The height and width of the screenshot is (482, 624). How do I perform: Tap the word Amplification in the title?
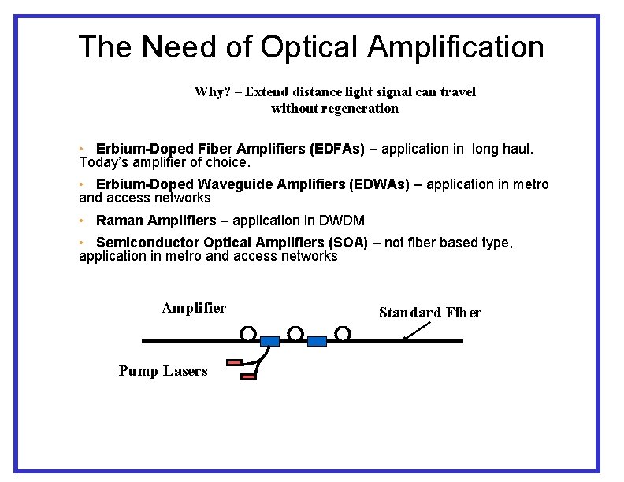coord(455,47)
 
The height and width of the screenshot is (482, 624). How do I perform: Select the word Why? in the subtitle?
coord(211,91)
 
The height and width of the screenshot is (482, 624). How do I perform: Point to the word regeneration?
coord(335,108)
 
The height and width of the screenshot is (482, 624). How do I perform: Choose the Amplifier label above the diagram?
coord(194,308)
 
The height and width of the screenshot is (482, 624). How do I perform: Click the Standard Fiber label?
coord(430,313)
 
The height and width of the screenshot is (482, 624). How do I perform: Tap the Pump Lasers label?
coord(163,370)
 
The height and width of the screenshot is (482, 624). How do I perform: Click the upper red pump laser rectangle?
coord(234,363)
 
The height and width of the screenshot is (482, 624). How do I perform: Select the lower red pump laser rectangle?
coord(249,377)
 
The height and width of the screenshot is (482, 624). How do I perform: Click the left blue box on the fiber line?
coord(269,341)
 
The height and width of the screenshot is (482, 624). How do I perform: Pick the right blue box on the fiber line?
coord(317,341)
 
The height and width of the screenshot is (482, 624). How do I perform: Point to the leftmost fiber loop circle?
coord(248,334)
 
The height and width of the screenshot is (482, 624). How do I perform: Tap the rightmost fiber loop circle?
coord(343,334)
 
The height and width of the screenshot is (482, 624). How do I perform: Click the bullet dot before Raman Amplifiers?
coord(82,221)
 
